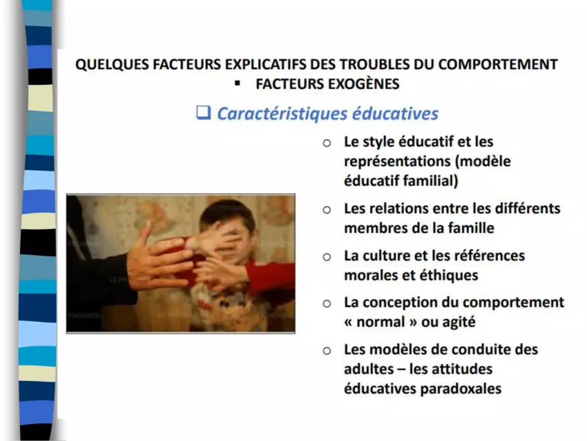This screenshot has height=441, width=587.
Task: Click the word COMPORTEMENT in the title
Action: (498, 64)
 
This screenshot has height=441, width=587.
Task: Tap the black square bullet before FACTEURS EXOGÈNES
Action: (237, 84)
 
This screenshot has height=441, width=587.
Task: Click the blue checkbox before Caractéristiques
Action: (204, 113)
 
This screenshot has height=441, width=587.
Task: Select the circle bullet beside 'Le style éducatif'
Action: (327, 143)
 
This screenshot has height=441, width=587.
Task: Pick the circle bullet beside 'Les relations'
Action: (327, 210)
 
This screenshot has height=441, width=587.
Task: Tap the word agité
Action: (459, 322)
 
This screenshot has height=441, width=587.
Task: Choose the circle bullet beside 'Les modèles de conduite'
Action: (327, 350)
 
